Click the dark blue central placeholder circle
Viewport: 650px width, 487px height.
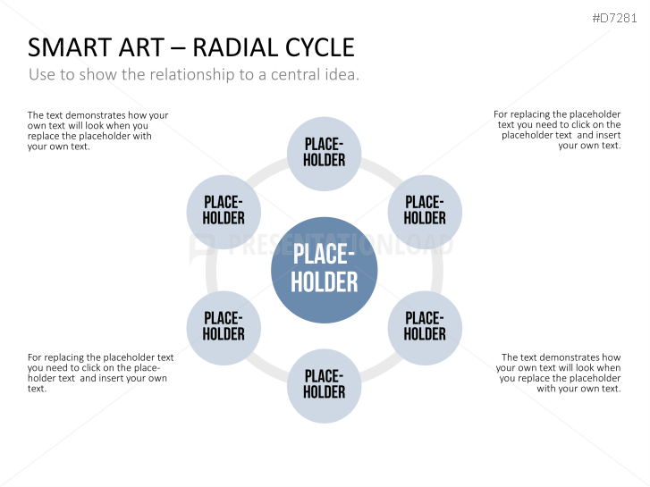click(x=325, y=270)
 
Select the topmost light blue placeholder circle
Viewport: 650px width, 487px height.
click(x=325, y=154)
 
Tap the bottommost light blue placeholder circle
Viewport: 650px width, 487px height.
click(x=325, y=386)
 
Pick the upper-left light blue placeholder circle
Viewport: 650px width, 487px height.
click(x=224, y=212)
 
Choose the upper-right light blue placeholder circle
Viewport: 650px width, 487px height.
click(x=425, y=212)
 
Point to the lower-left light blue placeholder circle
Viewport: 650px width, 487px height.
click(x=224, y=328)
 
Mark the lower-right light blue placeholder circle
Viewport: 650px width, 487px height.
click(x=425, y=328)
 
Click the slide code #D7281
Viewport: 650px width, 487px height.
click(x=614, y=18)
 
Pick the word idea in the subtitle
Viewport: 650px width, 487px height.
click(x=342, y=74)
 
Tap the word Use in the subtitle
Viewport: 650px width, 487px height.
click(x=42, y=74)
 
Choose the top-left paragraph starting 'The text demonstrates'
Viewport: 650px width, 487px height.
click(x=97, y=130)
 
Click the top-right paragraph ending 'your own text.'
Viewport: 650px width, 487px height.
click(x=557, y=130)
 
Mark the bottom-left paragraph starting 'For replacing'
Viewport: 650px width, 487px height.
click(x=101, y=373)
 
